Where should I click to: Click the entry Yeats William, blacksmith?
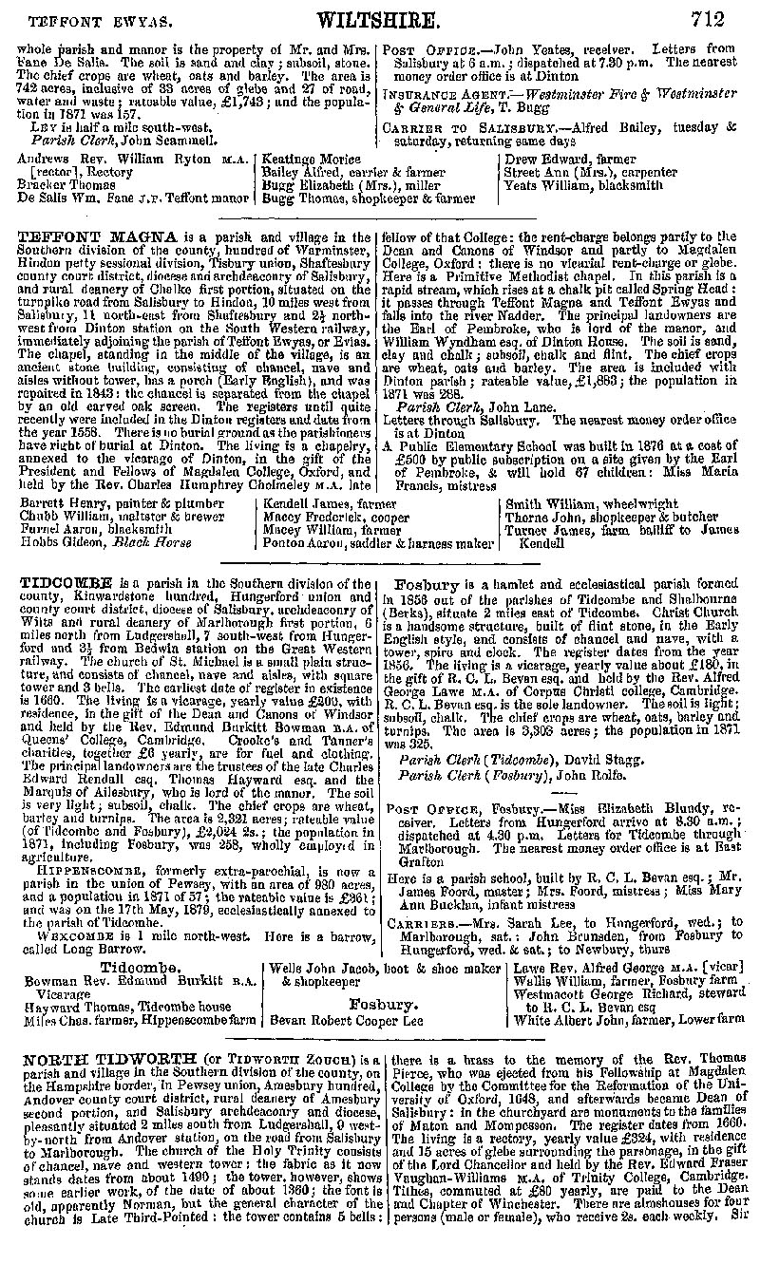point(583,186)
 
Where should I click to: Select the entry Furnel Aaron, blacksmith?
point(84,530)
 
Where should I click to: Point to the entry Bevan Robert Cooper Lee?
point(346,1021)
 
